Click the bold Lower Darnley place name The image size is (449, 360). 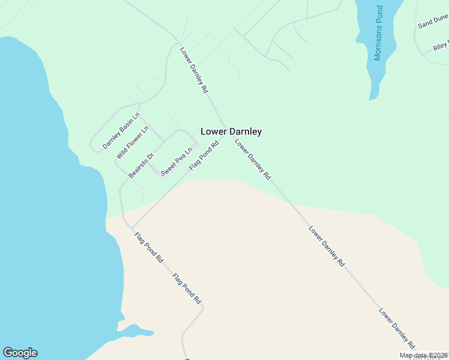(x=231, y=131)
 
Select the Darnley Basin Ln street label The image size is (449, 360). (x=121, y=130)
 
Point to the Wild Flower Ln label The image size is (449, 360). (x=132, y=143)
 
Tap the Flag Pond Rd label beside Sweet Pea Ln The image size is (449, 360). (x=203, y=155)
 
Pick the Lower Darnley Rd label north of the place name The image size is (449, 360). (x=194, y=70)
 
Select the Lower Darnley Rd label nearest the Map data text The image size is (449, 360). (x=397, y=329)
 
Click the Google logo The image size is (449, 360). (x=20, y=353)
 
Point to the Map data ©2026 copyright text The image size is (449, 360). (x=424, y=355)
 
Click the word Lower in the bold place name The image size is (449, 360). (x=212, y=131)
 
